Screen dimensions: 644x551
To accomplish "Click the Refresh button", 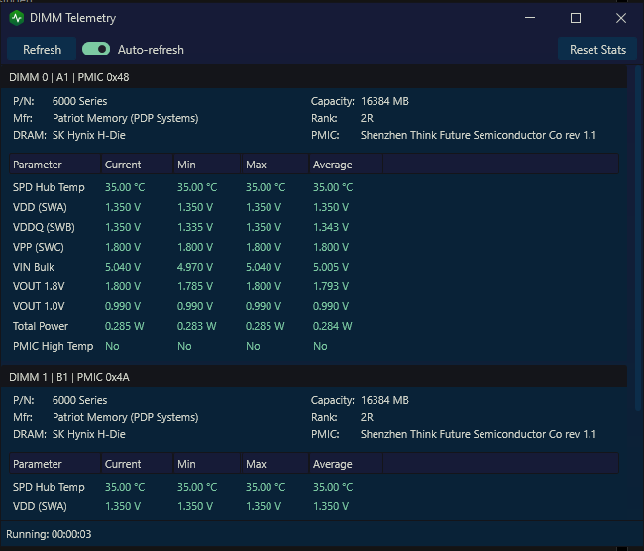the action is tap(42, 50).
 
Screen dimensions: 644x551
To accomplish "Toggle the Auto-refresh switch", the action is tap(96, 50).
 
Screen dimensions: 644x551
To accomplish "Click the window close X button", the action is tap(621, 18).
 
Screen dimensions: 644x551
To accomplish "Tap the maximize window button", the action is tap(576, 18).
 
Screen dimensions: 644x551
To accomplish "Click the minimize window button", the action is tap(530, 18).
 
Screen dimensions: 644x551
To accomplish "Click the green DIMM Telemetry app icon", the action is tap(17, 18).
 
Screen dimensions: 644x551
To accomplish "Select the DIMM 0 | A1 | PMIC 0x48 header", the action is tap(69, 77).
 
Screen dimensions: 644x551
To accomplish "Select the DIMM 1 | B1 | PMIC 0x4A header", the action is tap(69, 377).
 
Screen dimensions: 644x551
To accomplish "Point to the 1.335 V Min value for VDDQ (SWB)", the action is tap(195, 227).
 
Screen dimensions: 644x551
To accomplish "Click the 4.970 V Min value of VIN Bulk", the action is tap(195, 268).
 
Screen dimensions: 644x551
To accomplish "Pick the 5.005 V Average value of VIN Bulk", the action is tap(331, 268).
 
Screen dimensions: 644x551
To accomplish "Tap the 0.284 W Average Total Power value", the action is tap(332, 326).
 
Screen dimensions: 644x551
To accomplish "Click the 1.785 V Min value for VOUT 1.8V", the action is tap(195, 286).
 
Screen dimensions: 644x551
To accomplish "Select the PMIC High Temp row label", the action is tap(53, 347).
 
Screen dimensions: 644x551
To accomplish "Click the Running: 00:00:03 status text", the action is tap(49, 534).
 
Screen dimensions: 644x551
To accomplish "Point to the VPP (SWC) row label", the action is tap(39, 248).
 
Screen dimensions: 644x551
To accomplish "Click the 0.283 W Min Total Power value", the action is tap(197, 326).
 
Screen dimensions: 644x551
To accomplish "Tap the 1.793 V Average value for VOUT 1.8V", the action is tap(331, 286).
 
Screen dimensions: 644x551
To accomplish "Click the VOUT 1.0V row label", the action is tap(39, 306).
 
